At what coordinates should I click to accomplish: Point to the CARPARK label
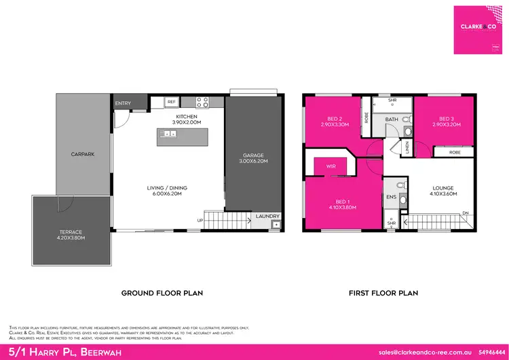tap(82, 154)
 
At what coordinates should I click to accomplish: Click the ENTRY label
tap(123, 103)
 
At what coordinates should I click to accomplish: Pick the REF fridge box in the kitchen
tap(172, 102)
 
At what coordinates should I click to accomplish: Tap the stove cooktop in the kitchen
tap(202, 103)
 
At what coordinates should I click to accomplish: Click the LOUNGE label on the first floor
tap(442, 187)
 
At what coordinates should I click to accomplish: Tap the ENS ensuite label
tap(390, 197)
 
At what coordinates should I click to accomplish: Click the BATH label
tap(392, 120)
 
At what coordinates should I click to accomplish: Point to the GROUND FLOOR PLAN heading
tap(162, 293)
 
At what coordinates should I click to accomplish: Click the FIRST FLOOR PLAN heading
tap(383, 293)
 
